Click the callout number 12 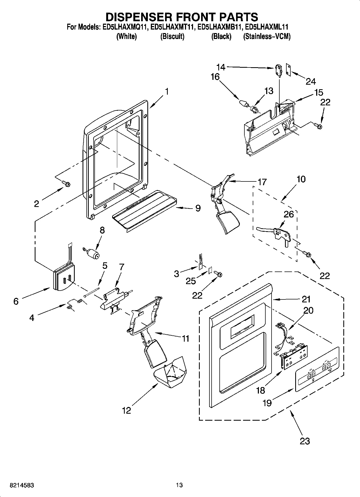point(126,410)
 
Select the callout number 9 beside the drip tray point(198,208)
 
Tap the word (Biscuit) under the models point(172,37)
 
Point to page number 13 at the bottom point(179,485)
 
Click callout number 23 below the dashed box point(304,441)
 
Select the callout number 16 point(215,77)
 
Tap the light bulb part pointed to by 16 point(243,103)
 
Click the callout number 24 point(311,81)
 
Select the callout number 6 point(16,301)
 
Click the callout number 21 point(306,299)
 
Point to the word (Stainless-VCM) point(267,37)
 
